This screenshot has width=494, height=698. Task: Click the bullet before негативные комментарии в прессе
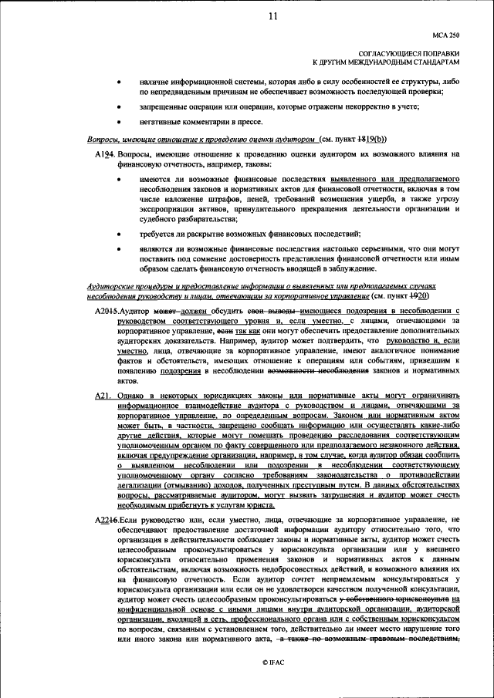click(118, 121)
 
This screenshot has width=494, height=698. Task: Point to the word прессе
click(249, 121)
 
